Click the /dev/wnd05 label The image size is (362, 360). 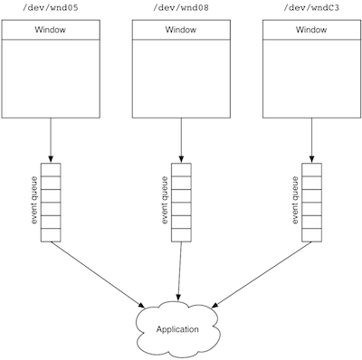(x=51, y=9)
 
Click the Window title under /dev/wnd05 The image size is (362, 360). (x=51, y=30)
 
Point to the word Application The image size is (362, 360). (x=177, y=329)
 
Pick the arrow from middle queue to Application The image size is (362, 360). (x=179, y=271)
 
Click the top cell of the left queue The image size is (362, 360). (x=51, y=168)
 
